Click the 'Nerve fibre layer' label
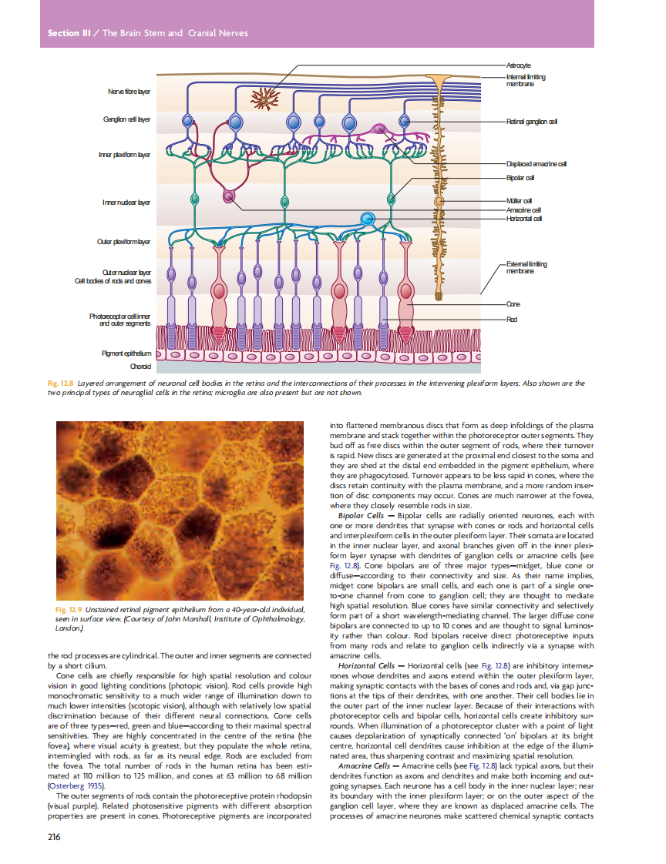[x=128, y=92]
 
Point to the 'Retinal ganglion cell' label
[x=532, y=122]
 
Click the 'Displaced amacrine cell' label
[x=536, y=164]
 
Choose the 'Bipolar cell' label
[x=520, y=177]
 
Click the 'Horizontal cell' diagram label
[x=523, y=219]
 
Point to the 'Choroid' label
[x=140, y=367]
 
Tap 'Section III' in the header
[x=63, y=33]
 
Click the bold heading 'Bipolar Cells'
[x=365, y=515]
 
